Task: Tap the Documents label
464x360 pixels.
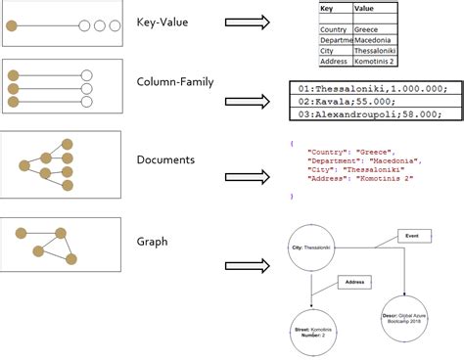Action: [x=164, y=158]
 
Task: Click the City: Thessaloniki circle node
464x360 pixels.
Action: [x=312, y=248]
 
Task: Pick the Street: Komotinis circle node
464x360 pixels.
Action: [x=311, y=333]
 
